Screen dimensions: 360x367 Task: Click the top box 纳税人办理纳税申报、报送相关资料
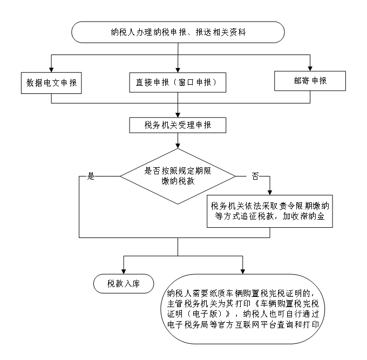pos(178,32)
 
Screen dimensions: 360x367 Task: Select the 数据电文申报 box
pos(51,83)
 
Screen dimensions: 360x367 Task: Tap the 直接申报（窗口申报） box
pos(178,83)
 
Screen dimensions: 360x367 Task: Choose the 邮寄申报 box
pos(310,81)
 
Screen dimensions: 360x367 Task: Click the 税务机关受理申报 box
pos(178,125)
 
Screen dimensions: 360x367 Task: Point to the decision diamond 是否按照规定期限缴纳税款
pos(178,176)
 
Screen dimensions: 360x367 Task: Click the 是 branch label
pos(91,176)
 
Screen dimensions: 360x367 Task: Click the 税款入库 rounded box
pos(123,283)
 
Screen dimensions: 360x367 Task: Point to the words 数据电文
pos(44,83)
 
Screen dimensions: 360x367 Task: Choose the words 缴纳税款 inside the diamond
pos(178,182)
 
